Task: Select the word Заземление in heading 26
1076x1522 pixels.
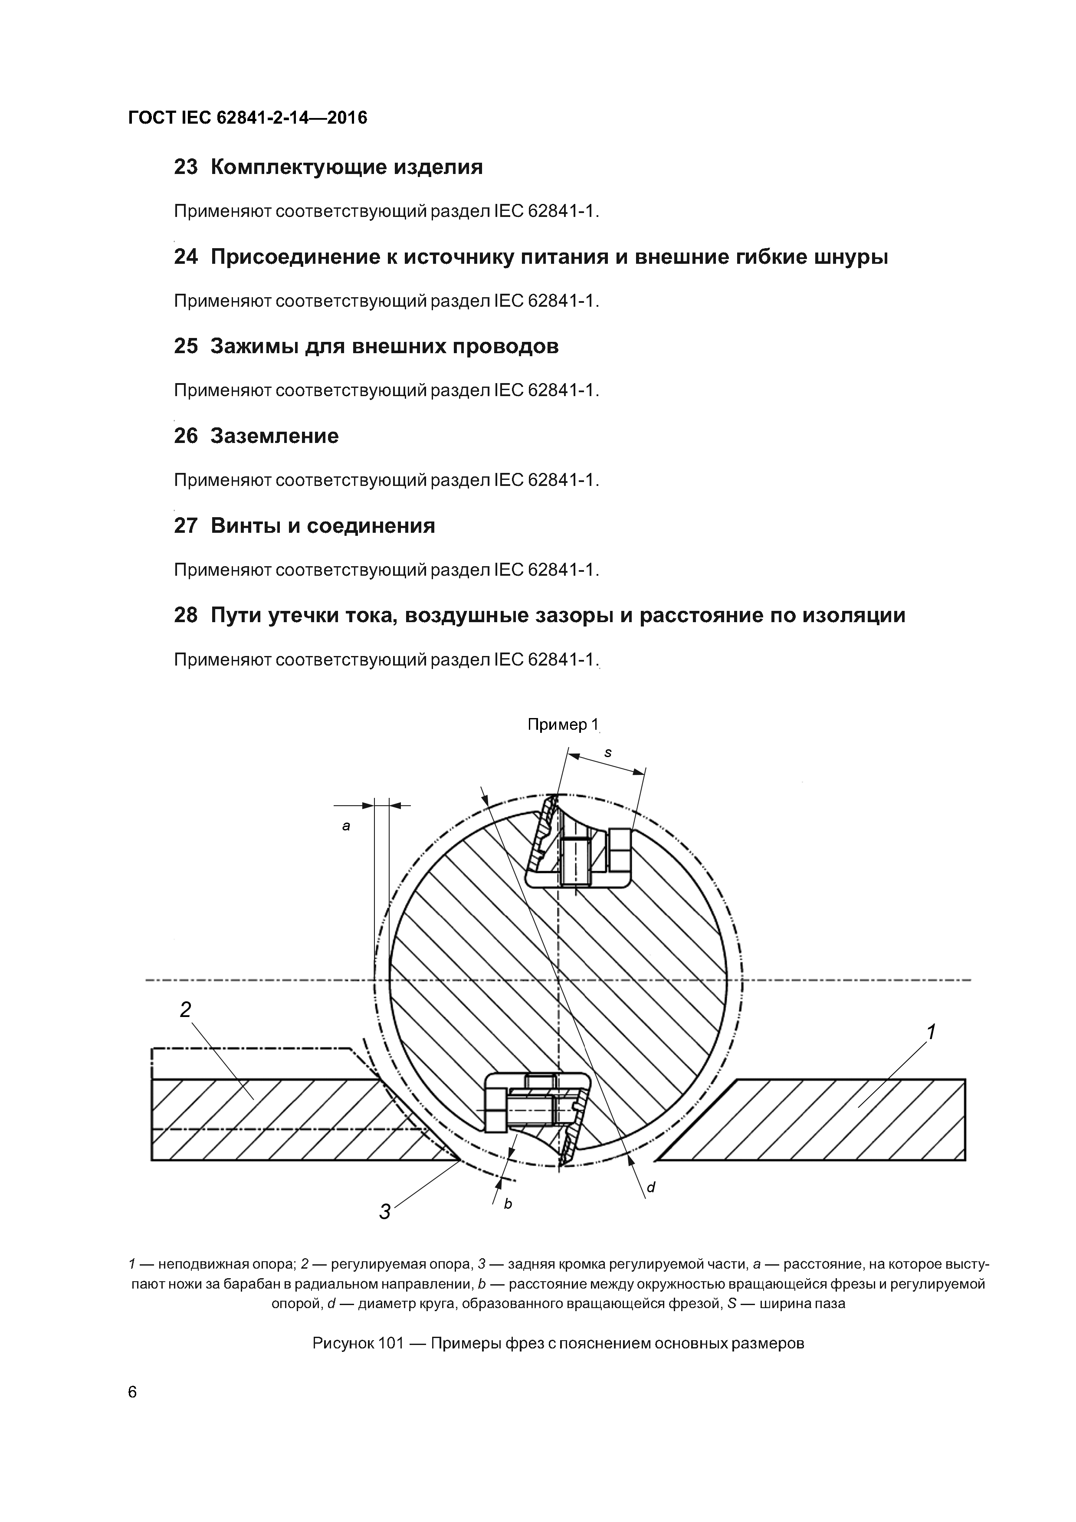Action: [x=275, y=436]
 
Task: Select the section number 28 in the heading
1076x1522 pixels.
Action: [x=186, y=616]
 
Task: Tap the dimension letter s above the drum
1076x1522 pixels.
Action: [x=608, y=753]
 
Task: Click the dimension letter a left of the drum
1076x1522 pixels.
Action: [x=345, y=827]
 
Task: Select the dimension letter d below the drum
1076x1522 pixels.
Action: [x=651, y=1187]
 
